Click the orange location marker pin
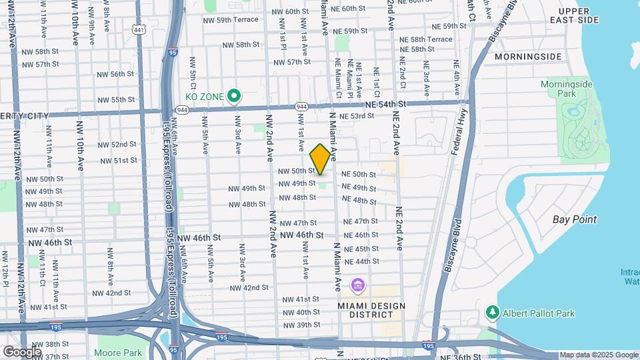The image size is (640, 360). point(320,159)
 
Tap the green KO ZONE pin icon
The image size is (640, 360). point(233,97)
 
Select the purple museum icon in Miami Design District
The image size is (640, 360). point(358,286)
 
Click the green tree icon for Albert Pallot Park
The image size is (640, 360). point(493,312)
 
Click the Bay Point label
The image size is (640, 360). point(575,219)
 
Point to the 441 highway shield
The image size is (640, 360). point(139,30)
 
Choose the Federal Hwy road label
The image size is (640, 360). point(459,134)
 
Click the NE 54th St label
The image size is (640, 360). point(385,105)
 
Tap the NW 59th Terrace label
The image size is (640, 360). point(231,20)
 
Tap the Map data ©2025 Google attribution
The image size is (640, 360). point(599,355)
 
